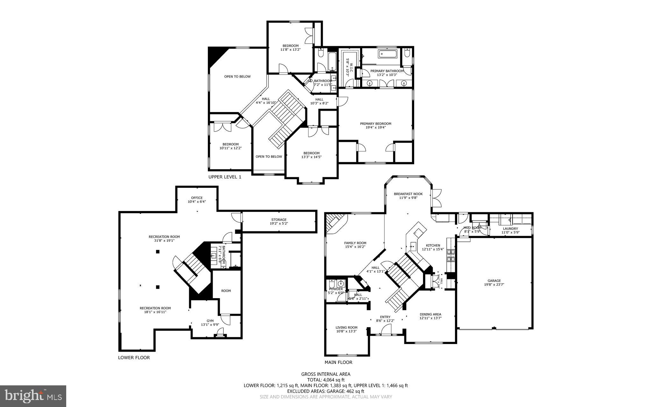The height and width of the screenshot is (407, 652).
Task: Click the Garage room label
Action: [x=494, y=281]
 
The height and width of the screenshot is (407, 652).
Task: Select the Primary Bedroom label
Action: [x=375, y=124]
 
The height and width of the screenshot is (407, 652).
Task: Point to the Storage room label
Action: [x=279, y=220]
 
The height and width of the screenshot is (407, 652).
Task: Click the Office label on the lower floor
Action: [x=196, y=198]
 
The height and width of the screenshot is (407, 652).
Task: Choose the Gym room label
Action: [x=210, y=321]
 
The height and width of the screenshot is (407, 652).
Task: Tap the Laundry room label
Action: [x=510, y=228]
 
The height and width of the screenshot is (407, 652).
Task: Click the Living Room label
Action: [x=346, y=327]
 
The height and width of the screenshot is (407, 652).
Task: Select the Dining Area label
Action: [x=430, y=314]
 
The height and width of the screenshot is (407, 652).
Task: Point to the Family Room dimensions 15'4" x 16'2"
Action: [x=355, y=247]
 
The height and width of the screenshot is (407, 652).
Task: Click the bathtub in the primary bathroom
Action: [x=387, y=54]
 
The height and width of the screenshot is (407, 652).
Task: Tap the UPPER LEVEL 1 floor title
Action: [x=224, y=177]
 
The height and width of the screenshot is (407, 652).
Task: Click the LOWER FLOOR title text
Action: [x=134, y=357]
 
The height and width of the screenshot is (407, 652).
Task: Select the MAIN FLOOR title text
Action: [x=338, y=362]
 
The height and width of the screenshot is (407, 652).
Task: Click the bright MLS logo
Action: [x=33, y=396]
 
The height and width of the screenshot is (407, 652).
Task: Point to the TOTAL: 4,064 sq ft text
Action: [x=326, y=380]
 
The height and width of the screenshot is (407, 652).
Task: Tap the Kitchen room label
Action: [x=433, y=245]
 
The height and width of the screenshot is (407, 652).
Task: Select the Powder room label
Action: [x=336, y=289]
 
